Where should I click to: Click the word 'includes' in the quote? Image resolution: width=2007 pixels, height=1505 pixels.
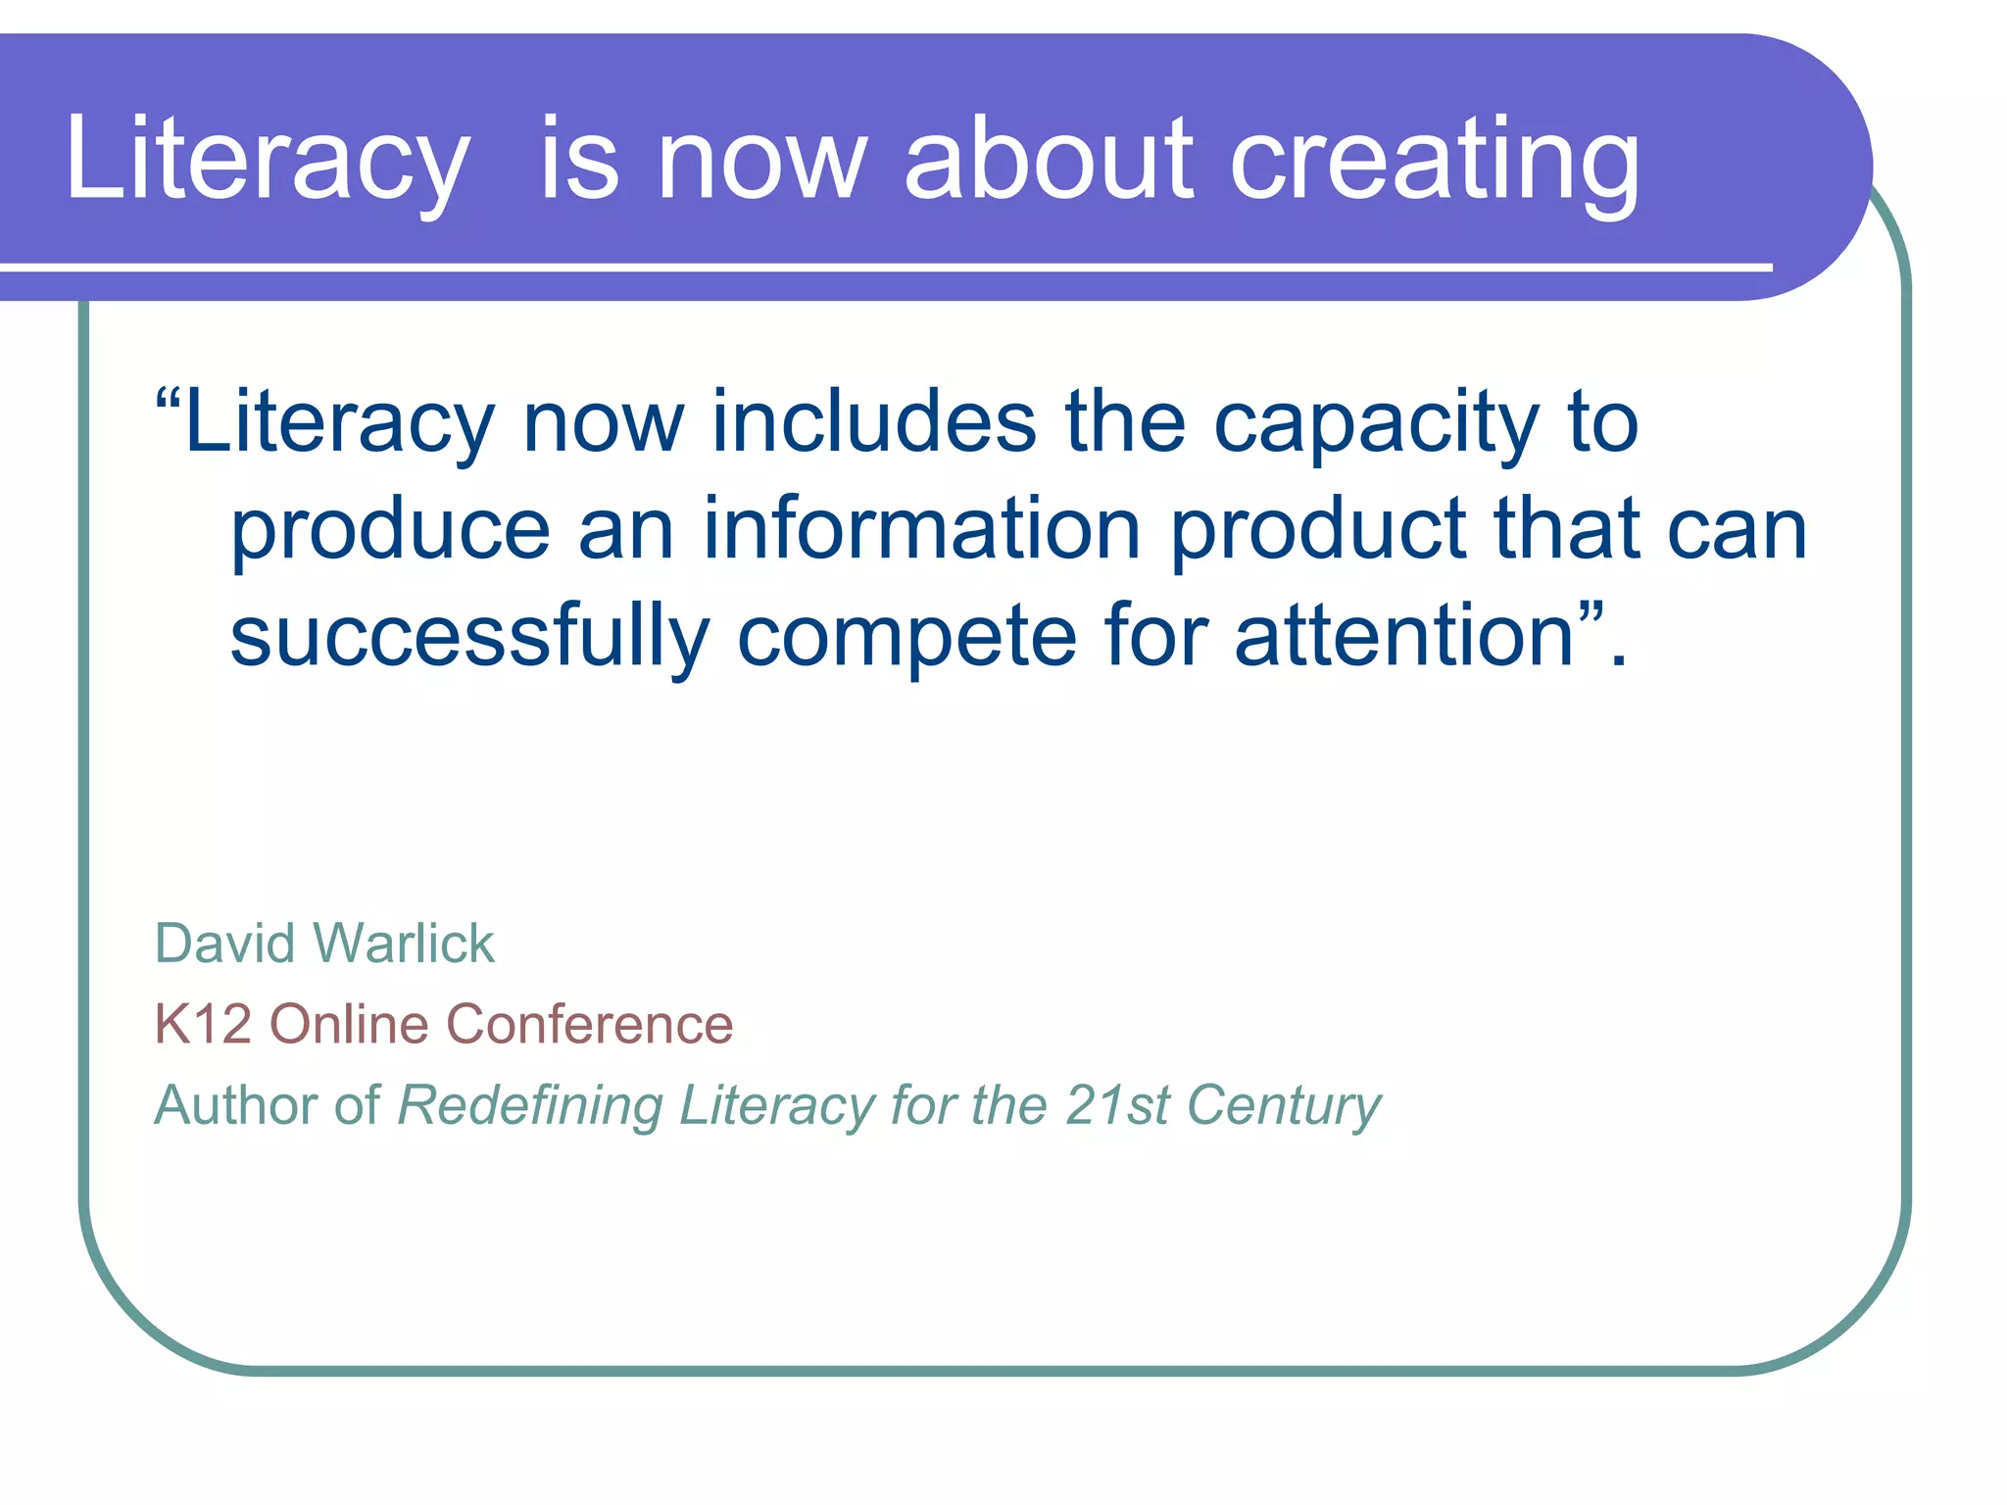click(x=874, y=422)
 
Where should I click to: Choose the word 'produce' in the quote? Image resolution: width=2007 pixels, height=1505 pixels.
click(x=390, y=532)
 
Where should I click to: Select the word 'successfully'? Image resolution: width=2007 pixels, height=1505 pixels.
click(x=469, y=639)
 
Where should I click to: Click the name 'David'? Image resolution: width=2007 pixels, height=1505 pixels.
click(x=224, y=944)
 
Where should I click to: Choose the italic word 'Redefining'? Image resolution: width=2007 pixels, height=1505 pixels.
click(x=530, y=1107)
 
